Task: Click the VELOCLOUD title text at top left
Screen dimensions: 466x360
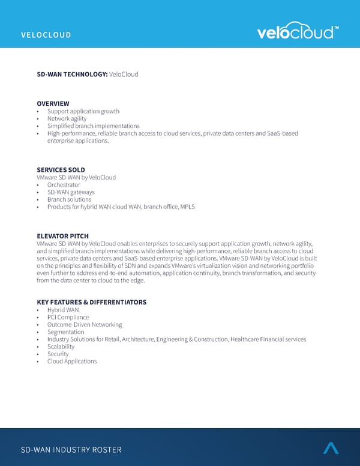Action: coord(46,35)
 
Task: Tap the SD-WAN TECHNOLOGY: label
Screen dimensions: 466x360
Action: coord(72,74)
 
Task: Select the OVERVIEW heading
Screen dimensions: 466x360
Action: coord(53,104)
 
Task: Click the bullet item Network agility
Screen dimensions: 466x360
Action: coord(67,119)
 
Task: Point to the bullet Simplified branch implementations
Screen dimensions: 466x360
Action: coord(93,126)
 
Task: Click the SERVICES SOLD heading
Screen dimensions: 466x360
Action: coord(61,170)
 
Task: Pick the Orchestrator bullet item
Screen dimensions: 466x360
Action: coord(64,185)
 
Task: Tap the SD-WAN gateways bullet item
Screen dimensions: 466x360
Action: coord(71,192)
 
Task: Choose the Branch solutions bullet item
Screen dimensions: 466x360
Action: coord(69,199)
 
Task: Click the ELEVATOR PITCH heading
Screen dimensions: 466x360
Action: coord(62,236)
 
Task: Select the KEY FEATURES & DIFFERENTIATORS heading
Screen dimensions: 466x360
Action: coord(91,302)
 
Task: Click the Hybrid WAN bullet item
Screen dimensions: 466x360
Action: coord(63,310)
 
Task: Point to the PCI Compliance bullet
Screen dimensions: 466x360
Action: coord(68,317)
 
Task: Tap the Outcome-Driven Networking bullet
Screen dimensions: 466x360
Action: coord(85,324)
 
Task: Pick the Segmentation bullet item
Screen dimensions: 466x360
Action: coord(65,332)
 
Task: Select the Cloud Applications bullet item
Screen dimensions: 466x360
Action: coord(72,362)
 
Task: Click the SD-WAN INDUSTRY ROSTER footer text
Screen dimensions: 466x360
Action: coord(71,450)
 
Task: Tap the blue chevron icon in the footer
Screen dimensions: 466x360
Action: coord(331,447)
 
